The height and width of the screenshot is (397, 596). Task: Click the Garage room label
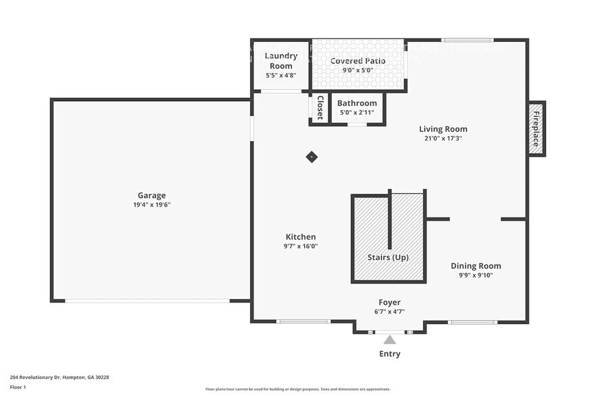tap(151, 195)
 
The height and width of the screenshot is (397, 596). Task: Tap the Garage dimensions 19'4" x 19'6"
tap(151, 205)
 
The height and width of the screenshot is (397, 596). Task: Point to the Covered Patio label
tap(357, 61)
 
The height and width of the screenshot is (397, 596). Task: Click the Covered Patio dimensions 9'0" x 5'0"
tap(357, 70)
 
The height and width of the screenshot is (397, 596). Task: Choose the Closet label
tap(320, 108)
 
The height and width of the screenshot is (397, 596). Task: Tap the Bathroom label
tap(357, 103)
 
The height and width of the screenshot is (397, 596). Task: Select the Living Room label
tap(443, 129)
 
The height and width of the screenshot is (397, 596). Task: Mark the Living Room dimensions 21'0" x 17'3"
tap(443, 138)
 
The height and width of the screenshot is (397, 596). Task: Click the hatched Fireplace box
tap(537, 128)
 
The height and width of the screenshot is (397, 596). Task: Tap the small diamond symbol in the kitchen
tap(312, 157)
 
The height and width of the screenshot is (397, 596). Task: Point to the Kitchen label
tap(301, 237)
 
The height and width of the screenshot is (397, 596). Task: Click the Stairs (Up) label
tap(388, 257)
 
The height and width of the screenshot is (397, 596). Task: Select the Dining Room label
tap(476, 266)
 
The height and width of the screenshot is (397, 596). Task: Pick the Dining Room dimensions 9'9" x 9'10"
tap(476, 275)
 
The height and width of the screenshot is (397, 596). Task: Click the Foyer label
tap(389, 302)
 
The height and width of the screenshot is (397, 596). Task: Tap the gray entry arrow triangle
tap(389, 340)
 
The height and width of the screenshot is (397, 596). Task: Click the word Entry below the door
tap(389, 354)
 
